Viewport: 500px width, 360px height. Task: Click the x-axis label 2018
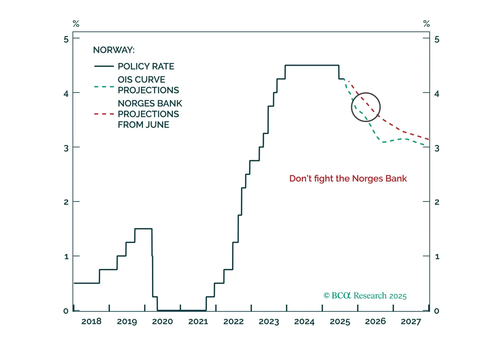pos(91,321)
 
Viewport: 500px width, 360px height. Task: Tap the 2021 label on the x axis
pos(198,321)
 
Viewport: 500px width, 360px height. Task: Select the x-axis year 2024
pos(304,321)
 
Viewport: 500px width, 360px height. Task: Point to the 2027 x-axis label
pos(411,321)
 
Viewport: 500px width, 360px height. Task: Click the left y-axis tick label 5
pos(66,39)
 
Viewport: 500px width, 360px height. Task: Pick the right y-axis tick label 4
pos(437,94)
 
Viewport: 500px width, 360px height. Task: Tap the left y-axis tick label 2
pos(66,202)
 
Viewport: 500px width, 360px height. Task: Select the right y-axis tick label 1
pos(437,256)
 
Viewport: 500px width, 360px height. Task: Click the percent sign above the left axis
pos(76,24)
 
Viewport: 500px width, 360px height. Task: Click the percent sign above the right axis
pos(427,24)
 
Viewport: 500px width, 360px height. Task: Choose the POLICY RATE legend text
pos(146,66)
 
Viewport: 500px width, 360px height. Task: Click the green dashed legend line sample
pos(104,87)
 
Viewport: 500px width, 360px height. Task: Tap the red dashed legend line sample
pos(104,114)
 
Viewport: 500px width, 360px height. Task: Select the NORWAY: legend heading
pos(114,50)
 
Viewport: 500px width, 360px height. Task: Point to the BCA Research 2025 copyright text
pos(365,296)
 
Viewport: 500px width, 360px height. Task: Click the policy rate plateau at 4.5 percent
pos(312,65)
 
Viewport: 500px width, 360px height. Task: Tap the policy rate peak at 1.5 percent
pos(143,229)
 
